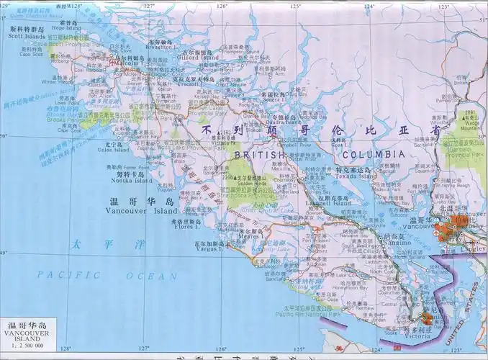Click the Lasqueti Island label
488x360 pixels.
(332, 203)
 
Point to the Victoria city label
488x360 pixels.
(419, 335)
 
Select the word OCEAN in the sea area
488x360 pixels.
(151, 276)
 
